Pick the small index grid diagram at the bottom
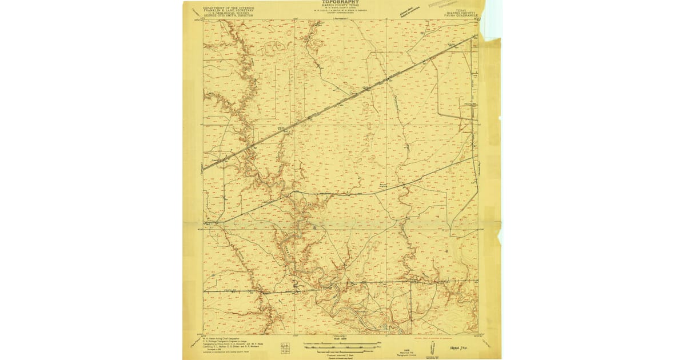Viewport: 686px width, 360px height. pyautogui.click(x=284, y=347)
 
